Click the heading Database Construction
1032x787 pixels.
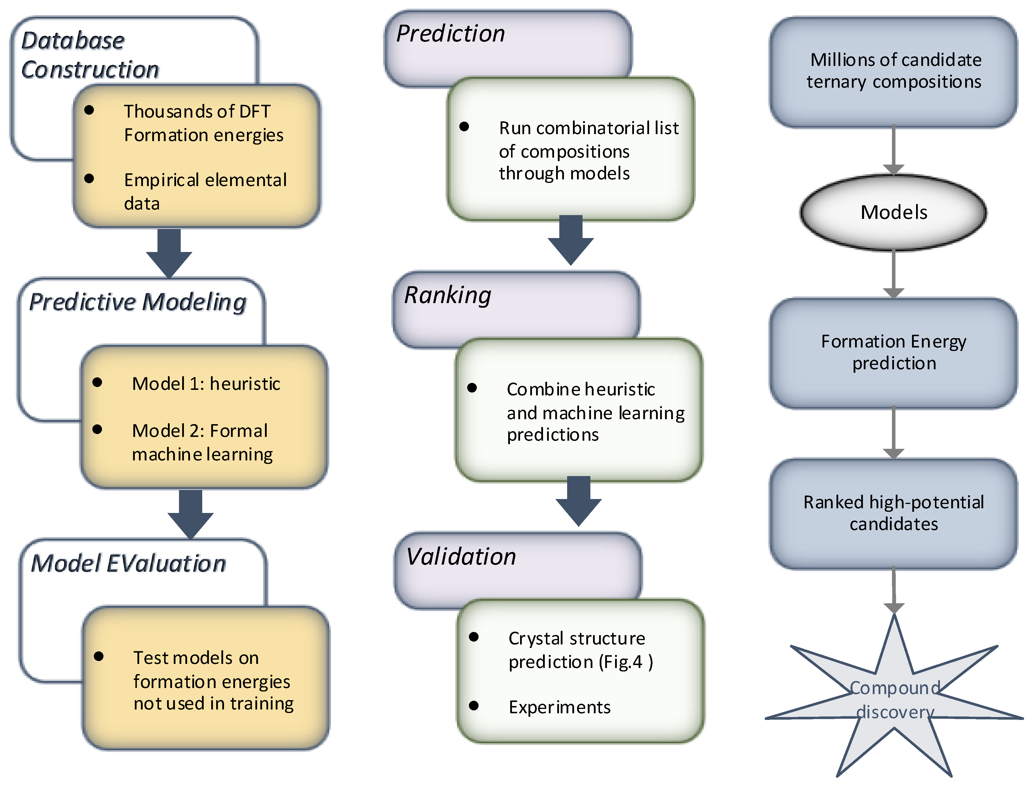(x=90, y=55)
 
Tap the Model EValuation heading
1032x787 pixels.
(x=128, y=563)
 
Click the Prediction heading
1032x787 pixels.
(x=451, y=34)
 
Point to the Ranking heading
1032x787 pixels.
(x=448, y=296)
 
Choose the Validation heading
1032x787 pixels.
(x=461, y=557)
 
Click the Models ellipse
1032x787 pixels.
(x=894, y=212)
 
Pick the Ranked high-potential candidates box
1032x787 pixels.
(x=894, y=514)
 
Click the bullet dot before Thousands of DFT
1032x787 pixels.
(x=89, y=110)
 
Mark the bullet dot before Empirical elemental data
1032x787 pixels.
(x=89, y=179)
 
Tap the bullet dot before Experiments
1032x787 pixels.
(x=474, y=705)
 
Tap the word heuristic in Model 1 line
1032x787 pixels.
(x=245, y=384)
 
